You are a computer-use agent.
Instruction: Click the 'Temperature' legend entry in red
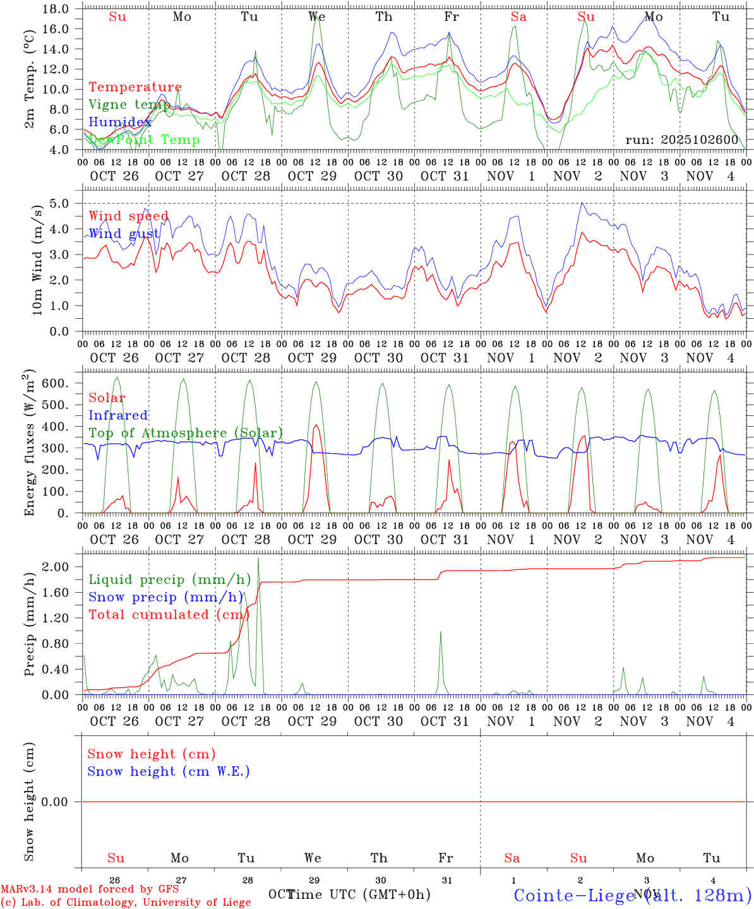point(135,87)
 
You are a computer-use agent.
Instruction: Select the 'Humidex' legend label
point(120,122)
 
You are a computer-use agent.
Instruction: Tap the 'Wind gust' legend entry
point(124,234)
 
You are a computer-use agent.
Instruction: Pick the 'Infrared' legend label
point(118,415)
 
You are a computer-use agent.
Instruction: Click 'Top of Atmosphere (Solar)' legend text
point(186,433)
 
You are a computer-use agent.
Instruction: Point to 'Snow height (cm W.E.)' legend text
point(169,771)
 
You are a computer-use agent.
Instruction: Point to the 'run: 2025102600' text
point(681,140)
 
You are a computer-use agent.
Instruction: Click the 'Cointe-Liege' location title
point(573,895)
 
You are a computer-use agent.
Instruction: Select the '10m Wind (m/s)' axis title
point(37,260)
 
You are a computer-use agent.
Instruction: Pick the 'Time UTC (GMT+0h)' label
point(359,894)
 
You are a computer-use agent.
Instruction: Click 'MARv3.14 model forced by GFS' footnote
point(90,889)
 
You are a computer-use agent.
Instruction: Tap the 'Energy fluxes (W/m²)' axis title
point(29,444)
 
